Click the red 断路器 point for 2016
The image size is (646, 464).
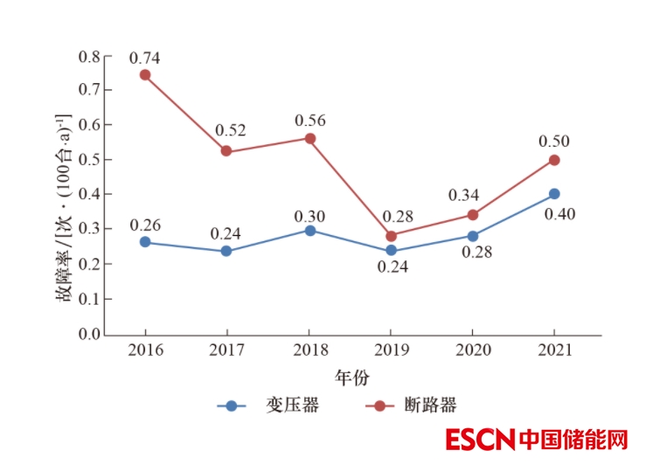145,75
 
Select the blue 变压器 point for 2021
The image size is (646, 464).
554,194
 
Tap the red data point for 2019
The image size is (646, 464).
391,236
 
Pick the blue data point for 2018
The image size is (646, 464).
309,230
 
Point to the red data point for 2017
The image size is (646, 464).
226,151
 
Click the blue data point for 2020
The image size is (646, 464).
473,236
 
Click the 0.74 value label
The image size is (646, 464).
144,58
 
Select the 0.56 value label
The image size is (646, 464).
310,121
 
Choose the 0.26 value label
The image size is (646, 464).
145,225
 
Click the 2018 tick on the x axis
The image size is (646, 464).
309,350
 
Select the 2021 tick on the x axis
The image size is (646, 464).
554,350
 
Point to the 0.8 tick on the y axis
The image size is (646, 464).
89,56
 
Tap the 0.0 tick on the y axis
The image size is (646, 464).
89,334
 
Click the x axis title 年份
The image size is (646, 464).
351,377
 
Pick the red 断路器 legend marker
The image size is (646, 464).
378,405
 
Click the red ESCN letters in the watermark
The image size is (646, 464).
479,440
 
